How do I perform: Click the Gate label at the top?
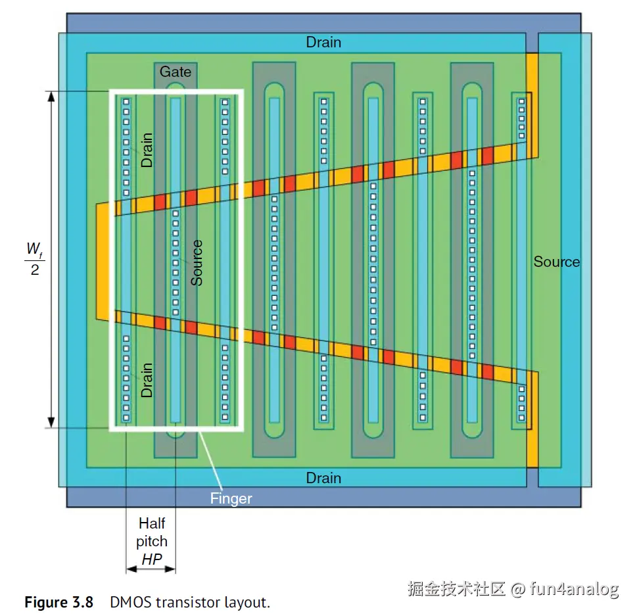coord(175,72)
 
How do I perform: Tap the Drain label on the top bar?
coord(323,42)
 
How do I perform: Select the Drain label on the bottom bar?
coord(323,478)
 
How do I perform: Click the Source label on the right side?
coord(556,262)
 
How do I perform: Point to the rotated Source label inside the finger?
coord(197,262)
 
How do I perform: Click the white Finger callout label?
coord(231,498)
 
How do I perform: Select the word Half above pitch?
coord(152,524)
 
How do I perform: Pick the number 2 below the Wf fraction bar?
coord(34,269)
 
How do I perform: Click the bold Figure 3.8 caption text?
coord(59,602)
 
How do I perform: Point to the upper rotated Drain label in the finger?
coord(147,149)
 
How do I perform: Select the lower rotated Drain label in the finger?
coord(147,380)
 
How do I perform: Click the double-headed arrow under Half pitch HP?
coord(151,569)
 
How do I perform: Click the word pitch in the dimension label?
coord(152,542)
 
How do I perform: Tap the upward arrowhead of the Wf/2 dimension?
coord(51,96)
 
